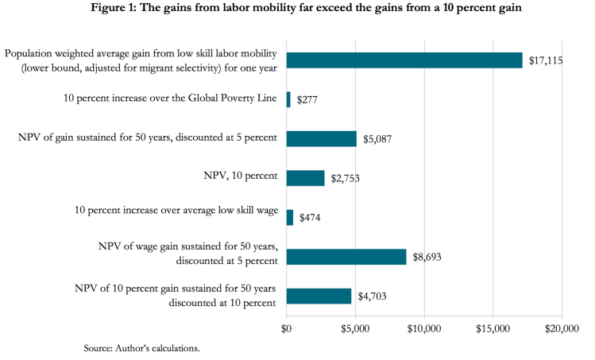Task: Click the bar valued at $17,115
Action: pyautogui.click(x=404, y=60)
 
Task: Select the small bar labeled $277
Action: pyautogui.click(x=288, y=99)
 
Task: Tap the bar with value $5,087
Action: pyautogui.click(x=321, y=139)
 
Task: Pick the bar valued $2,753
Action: pyautogui.click(x=305, y=178)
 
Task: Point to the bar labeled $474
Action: pyautogui.click(x=289, y=218)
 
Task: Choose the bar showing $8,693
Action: pyautogui.click(x=346, y=257)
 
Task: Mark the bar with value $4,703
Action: pyautogui.click(x=319, y=296)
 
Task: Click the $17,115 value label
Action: pyautogui.click(x=544, y=61)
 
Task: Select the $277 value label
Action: pyautogui.click(x=308, y=100)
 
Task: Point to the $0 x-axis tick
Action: pyautogui.click(x=287, y=327)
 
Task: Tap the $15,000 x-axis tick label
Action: pyautogui.click(x=493, y=327)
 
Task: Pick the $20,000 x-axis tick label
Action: pyautogui.click(x=562, y=327)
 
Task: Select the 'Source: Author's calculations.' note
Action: pyautogui.click(x=141, y=348)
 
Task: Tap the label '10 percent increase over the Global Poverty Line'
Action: pyautogui.click(x=170, y=99)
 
